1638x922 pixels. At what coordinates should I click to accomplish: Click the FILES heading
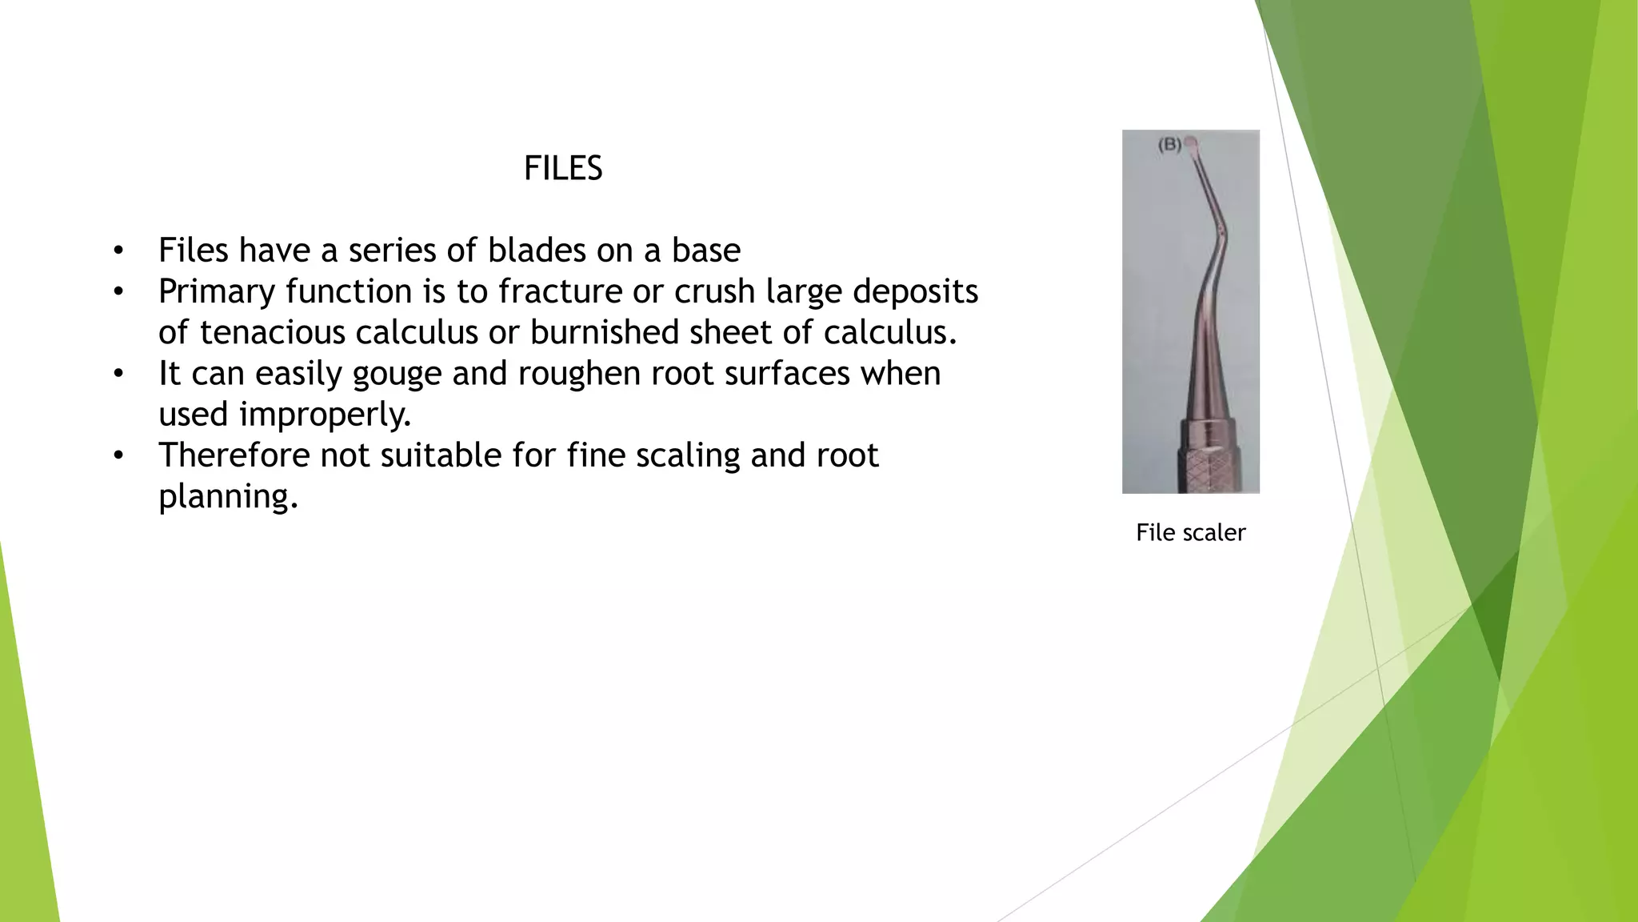tap(563, 168)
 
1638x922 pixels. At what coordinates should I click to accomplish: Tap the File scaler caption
tap(1190, 532)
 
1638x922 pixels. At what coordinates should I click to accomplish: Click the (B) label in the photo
tap(1169, 145)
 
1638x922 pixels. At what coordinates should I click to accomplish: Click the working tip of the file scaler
tap(1191, 143)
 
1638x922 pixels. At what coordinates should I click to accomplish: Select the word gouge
tap(397, 375)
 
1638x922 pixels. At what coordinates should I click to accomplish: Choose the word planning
tap(228, 497)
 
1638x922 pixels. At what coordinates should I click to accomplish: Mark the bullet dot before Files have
tap(118, 251)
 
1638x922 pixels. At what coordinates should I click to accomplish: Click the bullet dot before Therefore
tap(118, 456)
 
